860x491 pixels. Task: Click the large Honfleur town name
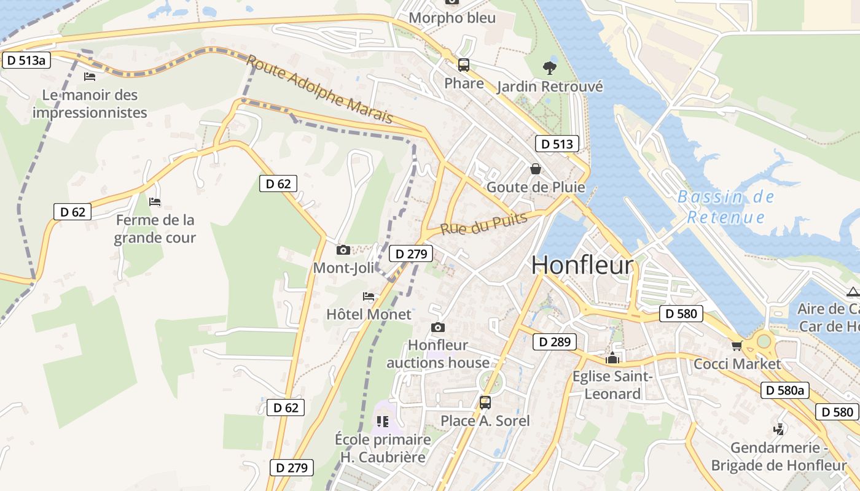tap(582, 265)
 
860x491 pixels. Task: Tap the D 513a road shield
tap(26, 60)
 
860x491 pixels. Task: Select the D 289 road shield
tap(555, 342)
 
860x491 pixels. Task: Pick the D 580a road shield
tap(785, 390)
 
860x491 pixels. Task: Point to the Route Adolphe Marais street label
tap(319, 88)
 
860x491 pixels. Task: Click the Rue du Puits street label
tap(484, 223)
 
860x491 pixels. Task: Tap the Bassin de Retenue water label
tap(725, 207)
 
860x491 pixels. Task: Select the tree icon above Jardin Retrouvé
tap(549, 68)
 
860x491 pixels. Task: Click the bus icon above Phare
tap(464, 64)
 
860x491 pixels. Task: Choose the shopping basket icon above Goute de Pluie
tap(536, 168)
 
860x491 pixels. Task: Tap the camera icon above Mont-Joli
tap(343, 250)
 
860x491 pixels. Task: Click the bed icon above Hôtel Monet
tap(368, 296)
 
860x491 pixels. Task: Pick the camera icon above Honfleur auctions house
tap(437, 327)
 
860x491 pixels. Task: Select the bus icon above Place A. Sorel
tap(485, 402)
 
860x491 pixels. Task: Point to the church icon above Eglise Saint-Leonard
tap(612, 357)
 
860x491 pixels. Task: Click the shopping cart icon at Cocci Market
tap(737, 346)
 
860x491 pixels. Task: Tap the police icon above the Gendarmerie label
tap(779, 429)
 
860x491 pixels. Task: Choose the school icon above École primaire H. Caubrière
tap(383, 421)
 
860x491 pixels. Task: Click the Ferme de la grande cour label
tap(155, 229)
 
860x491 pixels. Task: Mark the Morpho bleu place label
tap(451, 18)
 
